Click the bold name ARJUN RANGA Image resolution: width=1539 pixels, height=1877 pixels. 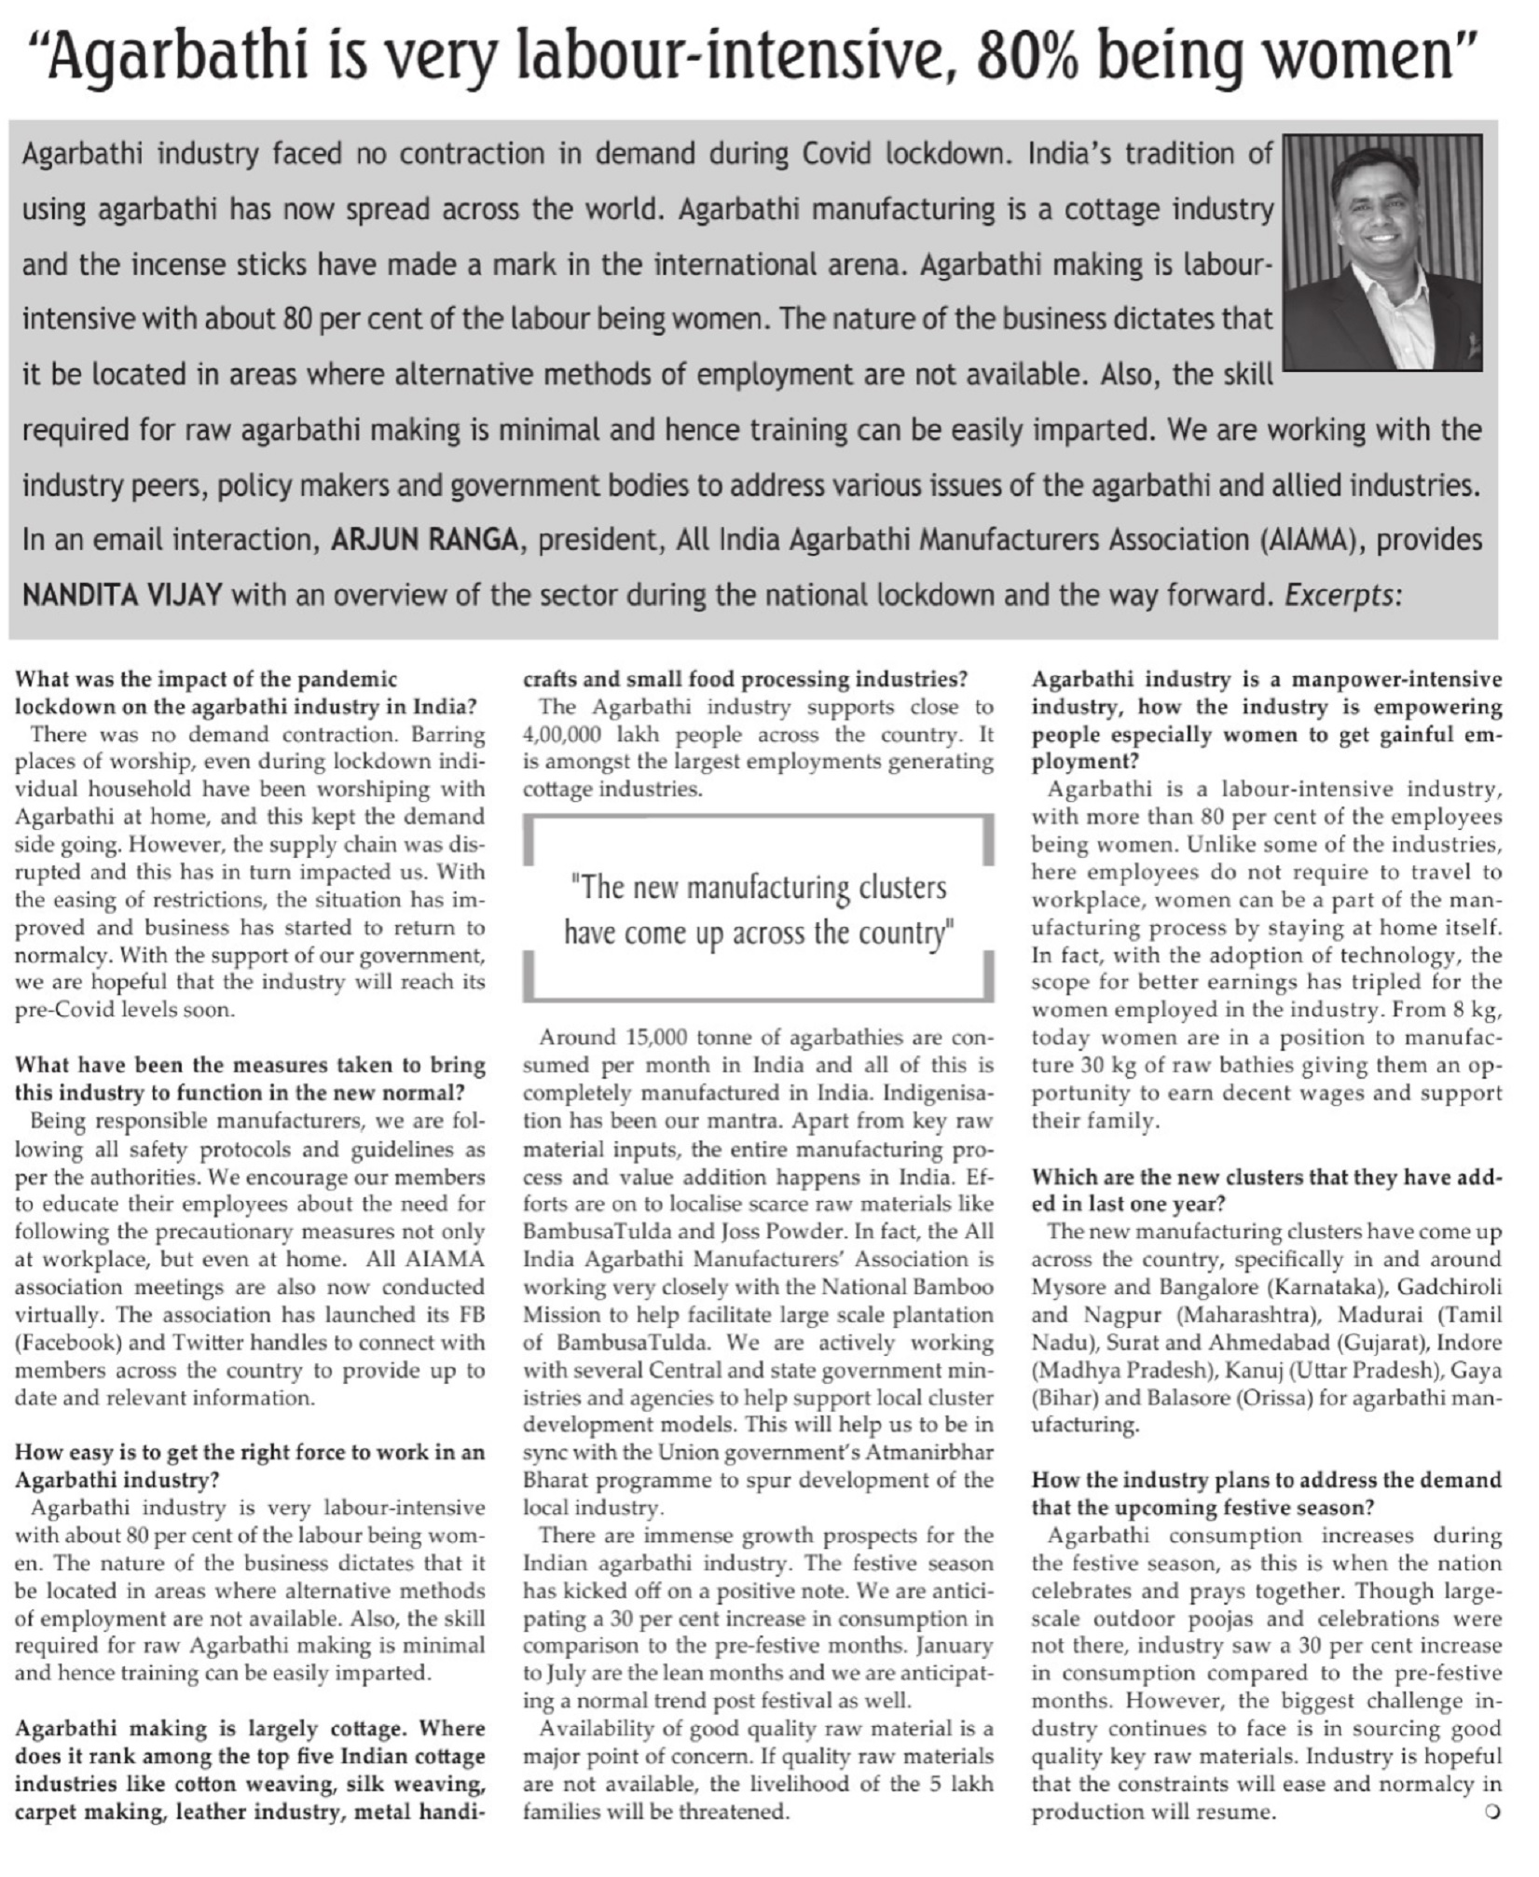click(424, 540)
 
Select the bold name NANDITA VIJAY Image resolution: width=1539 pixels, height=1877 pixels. click(122, 595)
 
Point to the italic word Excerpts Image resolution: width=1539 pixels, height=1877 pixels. click(1343, 595)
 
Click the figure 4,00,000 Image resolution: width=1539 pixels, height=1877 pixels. click(570, 735)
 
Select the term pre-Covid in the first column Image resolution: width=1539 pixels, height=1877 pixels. click(58, 1010)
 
